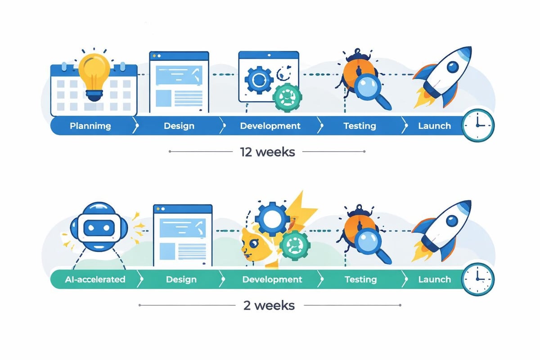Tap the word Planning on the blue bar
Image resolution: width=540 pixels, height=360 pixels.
tap(90, 126)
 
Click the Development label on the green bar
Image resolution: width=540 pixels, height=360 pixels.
tap(272, 279)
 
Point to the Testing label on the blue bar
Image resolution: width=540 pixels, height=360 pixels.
tap(360, 126)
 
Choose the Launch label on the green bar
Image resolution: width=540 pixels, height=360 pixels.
tap(434, 279)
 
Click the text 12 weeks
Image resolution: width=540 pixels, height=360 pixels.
tap(267, 152)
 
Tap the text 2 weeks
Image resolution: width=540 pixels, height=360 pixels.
tap(269, 306)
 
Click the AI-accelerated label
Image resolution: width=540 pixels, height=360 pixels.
tap(94, 279)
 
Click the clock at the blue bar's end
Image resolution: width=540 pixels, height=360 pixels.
tap(478, 125)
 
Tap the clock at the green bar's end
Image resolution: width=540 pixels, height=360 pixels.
tap(478, 279)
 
